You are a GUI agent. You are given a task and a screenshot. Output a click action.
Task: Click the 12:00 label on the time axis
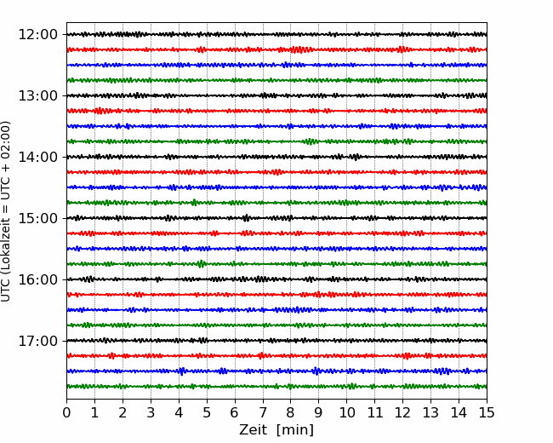(37, 35)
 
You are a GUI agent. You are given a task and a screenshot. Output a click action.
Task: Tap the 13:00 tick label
(37, 95)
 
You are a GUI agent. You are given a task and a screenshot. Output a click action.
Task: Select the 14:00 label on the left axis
(37, 157)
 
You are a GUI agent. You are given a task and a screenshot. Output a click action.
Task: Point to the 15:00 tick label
(37, 218)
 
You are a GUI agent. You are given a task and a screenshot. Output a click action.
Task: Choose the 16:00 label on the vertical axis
(37, 279)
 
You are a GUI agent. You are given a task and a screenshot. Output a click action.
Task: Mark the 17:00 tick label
(37, 341)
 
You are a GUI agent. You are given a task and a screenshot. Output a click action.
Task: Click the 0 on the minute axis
(66, 412)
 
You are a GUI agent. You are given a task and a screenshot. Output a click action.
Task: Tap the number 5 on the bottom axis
(207, 412)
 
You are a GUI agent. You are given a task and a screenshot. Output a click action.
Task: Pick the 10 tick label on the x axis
(346, 412)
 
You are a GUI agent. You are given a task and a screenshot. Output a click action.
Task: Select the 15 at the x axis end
(487, 412)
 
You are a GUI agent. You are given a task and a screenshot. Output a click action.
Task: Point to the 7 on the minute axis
(263, 412)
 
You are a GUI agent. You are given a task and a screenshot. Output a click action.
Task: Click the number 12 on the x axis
(402, 412)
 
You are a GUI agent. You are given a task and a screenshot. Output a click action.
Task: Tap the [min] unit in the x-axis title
(295, 430)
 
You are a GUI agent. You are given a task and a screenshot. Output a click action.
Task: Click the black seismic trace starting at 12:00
(276, 35)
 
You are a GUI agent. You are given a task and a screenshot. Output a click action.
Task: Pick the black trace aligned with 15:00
(276, 218)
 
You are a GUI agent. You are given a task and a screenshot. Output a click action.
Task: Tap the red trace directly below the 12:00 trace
(276, 49)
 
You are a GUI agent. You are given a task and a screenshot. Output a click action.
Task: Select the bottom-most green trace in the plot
(276, 387)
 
